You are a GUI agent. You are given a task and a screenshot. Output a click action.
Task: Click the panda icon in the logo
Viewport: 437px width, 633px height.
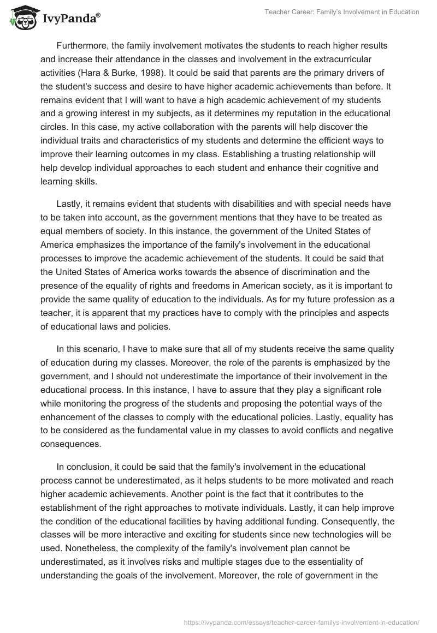21,18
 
